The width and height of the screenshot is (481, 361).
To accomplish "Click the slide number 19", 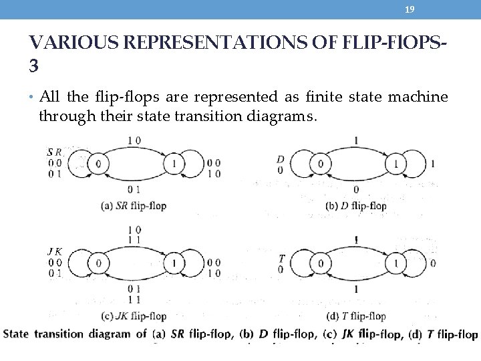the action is pos(410,9).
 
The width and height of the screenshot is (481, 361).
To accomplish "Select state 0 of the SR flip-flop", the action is pos(99,164).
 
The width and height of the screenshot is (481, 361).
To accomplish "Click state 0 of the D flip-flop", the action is pos(321,164).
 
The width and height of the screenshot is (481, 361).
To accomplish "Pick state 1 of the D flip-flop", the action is pos(396,164).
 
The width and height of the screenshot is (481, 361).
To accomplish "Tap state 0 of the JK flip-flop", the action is pos(99,263).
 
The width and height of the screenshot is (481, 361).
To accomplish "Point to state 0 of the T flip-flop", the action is pos(321,263).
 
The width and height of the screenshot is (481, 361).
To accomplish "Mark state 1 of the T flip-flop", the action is pos(396,263).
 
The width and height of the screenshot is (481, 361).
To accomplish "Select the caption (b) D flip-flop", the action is pos(355,206).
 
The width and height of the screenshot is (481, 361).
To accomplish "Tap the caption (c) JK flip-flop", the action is pos(133,316).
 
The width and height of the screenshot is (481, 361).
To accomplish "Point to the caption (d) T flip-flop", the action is pos(355,316).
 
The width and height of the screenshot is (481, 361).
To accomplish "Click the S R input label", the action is pos(54,152).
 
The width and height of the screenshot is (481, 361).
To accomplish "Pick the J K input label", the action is pos(55,252).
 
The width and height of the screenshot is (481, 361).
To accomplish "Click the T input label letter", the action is pos(281,258).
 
